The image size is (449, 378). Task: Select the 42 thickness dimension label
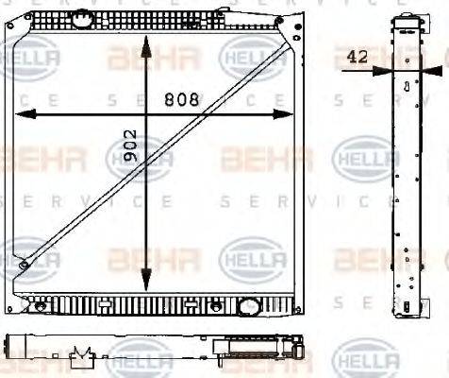point(357,57)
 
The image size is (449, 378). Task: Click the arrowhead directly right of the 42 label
point(381,70)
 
